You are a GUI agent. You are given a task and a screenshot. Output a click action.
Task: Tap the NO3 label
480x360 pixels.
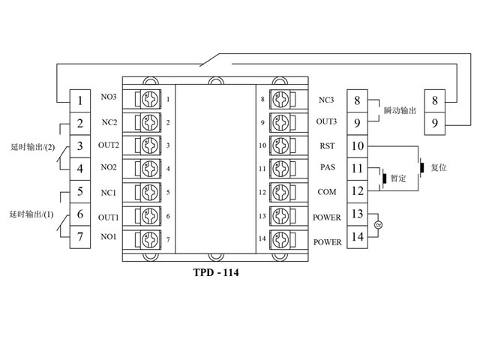click(x=109, y=97)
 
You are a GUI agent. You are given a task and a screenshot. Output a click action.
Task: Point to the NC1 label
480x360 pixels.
click(x=109, y=192)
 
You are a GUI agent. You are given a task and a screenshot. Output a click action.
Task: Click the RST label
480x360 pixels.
click(x=326, y=146)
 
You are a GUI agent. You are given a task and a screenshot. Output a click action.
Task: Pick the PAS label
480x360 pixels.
click(x=326, y=169)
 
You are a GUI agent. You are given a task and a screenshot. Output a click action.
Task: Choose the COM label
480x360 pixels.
click(x=326, y=192)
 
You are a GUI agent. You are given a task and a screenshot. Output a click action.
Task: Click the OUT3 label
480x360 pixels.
click(x=326, y=121)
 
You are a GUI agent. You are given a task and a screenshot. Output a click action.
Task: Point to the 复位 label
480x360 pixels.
click(x=439, y=167)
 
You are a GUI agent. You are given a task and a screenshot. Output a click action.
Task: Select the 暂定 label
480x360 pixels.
click(x=397, y=180)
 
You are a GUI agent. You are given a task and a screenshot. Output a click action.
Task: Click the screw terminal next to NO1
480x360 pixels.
click(x=150, y=240)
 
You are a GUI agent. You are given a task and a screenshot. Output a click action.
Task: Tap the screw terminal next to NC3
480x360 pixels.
click(x=280, y=99)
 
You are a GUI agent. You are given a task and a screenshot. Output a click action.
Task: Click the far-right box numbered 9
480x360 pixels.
click(x=434, y=122)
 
